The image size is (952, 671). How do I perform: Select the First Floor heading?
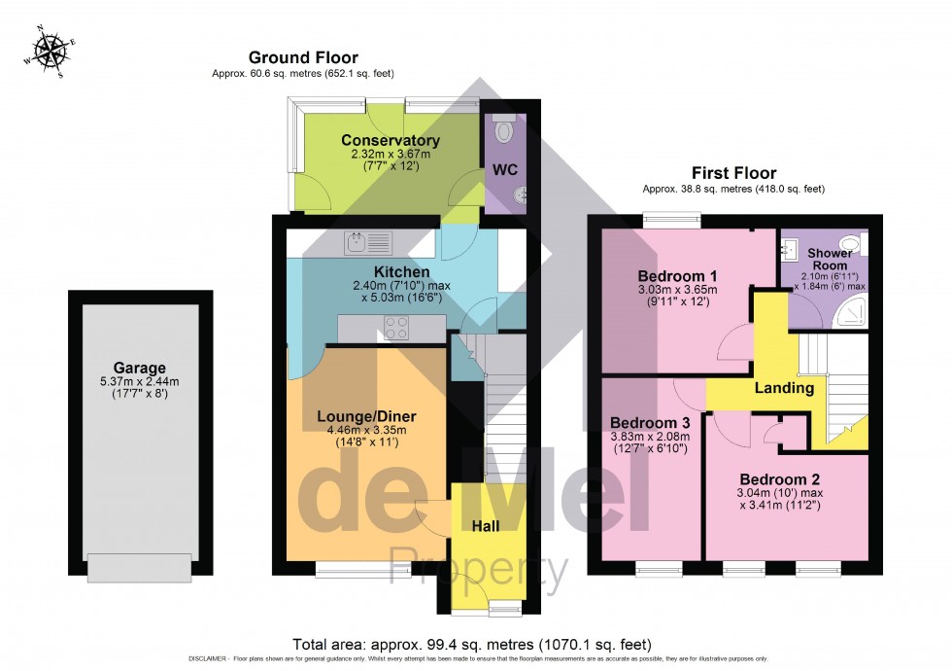[x=733, y=173]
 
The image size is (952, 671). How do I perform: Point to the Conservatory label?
[x=390, y=141]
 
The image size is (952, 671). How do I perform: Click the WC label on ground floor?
[x=505, y=169]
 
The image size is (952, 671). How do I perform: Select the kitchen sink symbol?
[x=366, y=239]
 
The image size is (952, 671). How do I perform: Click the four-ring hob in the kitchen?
[x=397, y=329]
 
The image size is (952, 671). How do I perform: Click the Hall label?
[x=486, y=525]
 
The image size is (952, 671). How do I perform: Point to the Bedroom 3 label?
[x=650, y=423]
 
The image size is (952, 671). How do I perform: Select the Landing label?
[x=784, y=388]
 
